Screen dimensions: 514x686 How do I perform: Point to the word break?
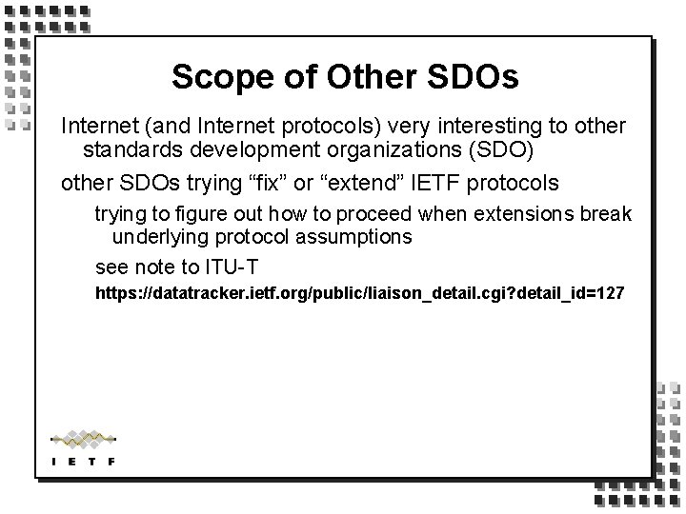[x=608, y=214]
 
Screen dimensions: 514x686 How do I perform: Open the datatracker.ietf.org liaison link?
[x=360, y=293]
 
